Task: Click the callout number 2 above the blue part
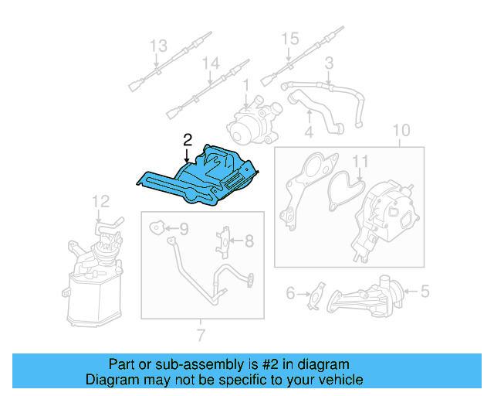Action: coord(186,139)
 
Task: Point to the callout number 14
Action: coord(211,63)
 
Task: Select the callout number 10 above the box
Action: coord(401,130)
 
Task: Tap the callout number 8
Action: coord(249,241)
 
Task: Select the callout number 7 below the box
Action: coord(201,335)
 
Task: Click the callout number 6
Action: coord(291,292)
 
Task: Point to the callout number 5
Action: coord(425,292)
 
